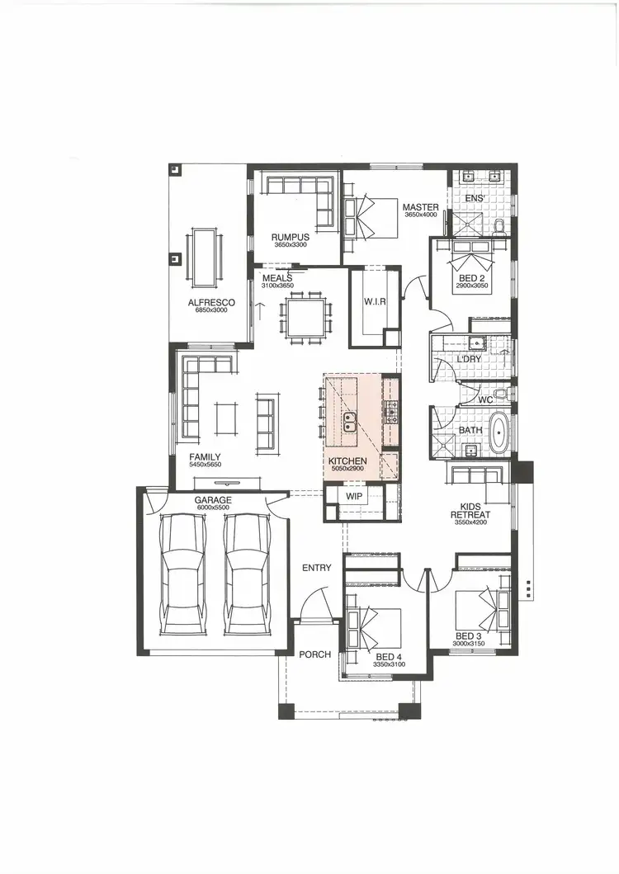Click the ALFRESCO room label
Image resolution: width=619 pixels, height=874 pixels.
click(x=211, y=303)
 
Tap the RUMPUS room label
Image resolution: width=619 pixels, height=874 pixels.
click(x=290, y=237)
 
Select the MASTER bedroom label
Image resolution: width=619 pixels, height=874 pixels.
click(x=421, y=207)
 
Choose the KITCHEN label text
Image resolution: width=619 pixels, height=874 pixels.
click(x=347, y=461)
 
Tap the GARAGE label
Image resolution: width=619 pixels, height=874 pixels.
click(x=213, y=500)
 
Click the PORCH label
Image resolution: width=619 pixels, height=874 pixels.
click(x=314, y=654)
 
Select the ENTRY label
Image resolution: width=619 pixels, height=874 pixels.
click(x=317, y=568)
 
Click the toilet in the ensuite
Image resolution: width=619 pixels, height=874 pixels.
click(x=499, y=226)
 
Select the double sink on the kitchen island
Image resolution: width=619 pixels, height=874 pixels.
click(x=351, y=423)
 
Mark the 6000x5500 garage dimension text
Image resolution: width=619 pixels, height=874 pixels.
click(x=213, y=508)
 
